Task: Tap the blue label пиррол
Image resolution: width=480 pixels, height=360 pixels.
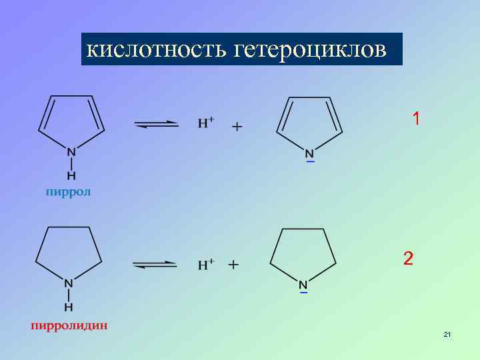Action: pyautogui.click(x=68, y=192)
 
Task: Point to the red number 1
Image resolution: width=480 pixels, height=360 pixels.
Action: pyautogui.click(x=416, y=119)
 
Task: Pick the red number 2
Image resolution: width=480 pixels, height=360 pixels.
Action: pyautogui.click(x=408, y=259)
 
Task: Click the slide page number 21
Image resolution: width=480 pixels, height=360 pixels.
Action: pyautogui.click(x=447, y=334)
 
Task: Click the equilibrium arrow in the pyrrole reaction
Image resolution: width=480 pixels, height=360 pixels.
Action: pyautogui.click(x=157, y=124)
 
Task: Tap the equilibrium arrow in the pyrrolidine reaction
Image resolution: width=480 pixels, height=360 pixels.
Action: pyautogui.click(x=155, y=265)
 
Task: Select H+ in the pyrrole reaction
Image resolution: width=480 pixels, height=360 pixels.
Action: pyautogui.click(x=206, y=123)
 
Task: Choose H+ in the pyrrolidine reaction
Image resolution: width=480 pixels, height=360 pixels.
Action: pyautogui.click(x=205, y=264)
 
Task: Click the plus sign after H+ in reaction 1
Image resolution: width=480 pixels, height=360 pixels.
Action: pyautogui.click(x=237, y=125)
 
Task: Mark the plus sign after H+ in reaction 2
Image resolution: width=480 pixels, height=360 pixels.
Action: pyautogui.click(x=233, y=265)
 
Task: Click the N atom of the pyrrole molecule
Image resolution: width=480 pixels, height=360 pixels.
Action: pyautogui.click(x=71, y=152)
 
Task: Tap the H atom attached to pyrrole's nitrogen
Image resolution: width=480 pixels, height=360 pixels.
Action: pyautogui.click(x=71, y=175)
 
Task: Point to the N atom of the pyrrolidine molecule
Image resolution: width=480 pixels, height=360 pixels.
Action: pyautogui.click(x=69, y=283)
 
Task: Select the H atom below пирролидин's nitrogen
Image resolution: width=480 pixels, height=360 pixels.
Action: pyautogui.click(x=69, y=307)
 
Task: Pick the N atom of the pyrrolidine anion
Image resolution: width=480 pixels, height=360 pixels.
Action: pyautogui.click(x=303, y=283)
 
